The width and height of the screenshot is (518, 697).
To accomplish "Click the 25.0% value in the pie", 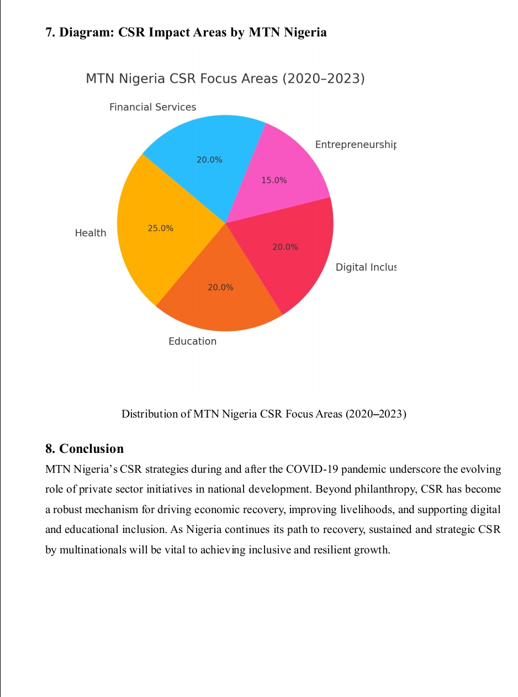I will pos(160,228).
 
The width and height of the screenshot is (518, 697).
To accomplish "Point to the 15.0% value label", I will pos(274,180).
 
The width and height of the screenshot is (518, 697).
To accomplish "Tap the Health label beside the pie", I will pos(91,233).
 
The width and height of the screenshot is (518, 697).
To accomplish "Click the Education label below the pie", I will pos(192,341).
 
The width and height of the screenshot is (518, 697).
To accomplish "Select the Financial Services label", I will pos(152,107).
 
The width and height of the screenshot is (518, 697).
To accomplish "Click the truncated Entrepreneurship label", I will pos(356,145).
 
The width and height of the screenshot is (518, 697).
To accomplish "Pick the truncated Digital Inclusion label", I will pos(366,267).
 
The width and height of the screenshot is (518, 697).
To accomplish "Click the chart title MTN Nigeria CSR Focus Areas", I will pos(225,79).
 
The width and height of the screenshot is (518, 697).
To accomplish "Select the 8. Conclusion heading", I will pos(84,448).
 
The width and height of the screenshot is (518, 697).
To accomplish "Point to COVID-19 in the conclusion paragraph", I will pos(310,470).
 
